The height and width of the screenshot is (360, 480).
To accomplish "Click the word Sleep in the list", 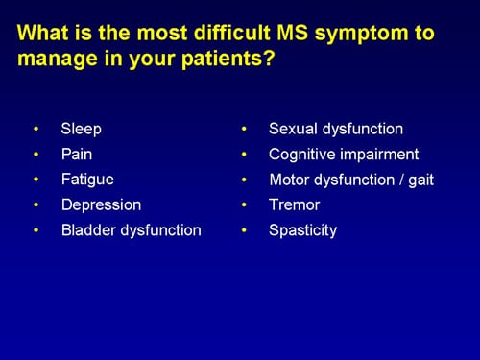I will (81, 129).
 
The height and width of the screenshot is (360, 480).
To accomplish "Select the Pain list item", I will (77, 154).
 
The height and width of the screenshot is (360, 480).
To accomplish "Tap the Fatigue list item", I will (86, 180).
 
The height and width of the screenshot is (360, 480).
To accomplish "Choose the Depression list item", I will (101, 205).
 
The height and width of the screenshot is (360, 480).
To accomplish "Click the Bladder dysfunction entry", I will (131, 230).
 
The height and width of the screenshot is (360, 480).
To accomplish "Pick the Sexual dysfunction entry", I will (336, 129).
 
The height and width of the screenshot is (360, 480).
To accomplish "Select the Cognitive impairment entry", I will (344, 154).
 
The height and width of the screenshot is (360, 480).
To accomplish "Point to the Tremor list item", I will (295, 205).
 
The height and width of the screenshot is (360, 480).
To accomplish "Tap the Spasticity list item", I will (303, 230).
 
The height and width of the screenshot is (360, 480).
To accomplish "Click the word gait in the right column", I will (418, 180).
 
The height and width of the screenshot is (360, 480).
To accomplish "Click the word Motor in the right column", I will (289, 180).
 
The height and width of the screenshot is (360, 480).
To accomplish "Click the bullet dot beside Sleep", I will (36, 129).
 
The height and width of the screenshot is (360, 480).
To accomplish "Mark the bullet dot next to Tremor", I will (246, 205).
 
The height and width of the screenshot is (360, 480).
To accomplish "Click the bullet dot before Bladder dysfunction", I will (36, 231).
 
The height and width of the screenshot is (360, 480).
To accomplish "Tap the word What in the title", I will (42, 34).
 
